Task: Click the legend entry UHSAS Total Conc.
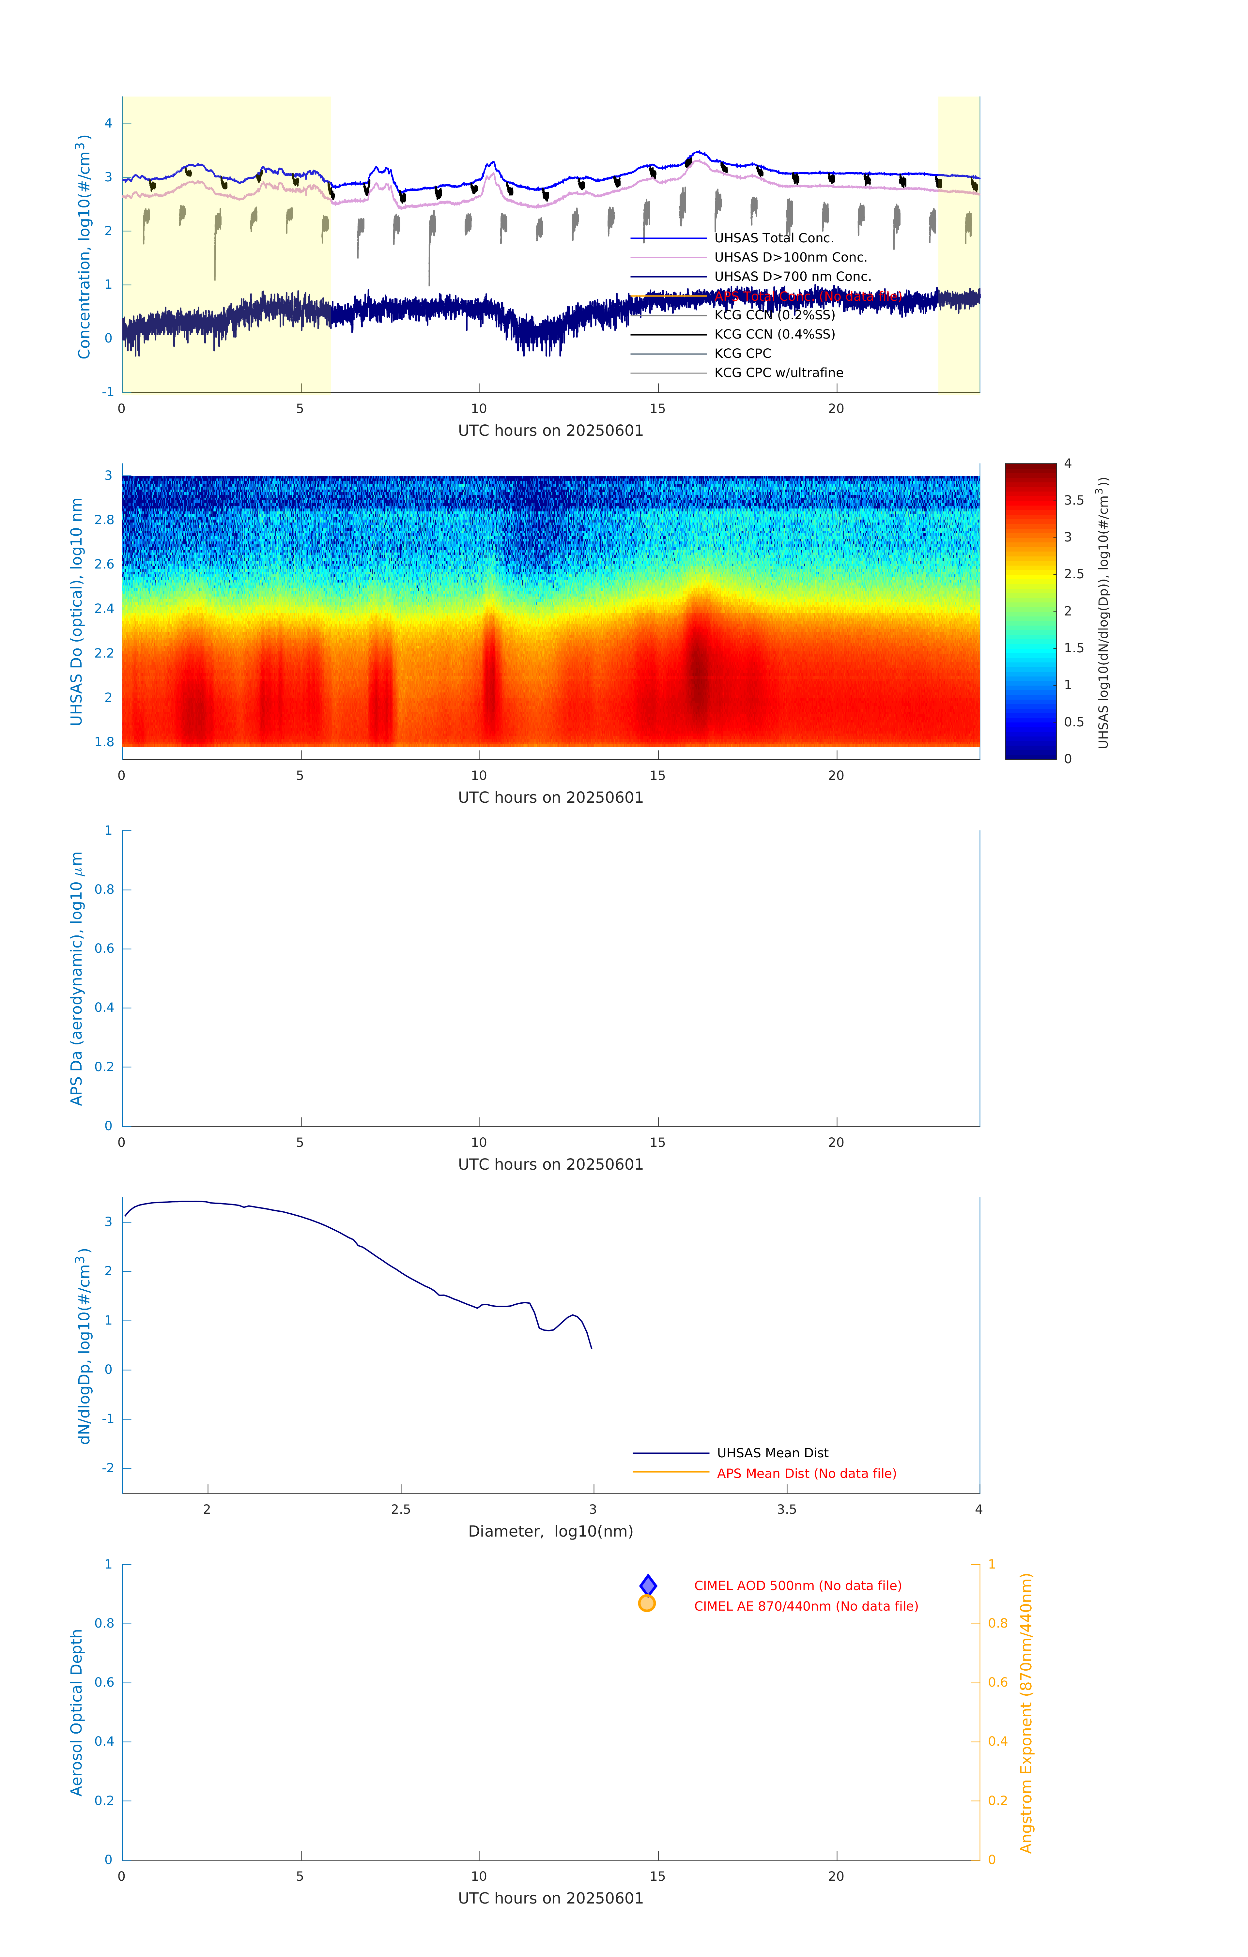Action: [x=773, y=238]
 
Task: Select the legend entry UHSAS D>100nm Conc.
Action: [x=790, y=258]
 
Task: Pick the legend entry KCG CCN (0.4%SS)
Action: [x=774, y=334]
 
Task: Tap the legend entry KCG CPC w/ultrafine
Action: [x=778, y=373]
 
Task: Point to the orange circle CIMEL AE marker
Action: [x=647, y=1603]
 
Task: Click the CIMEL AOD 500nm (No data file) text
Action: [x=798, y=1585]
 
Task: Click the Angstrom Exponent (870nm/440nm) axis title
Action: [x=1026, y=1712]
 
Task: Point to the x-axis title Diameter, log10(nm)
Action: [x=550, y=1531]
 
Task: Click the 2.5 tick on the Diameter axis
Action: [x=401, y=1509]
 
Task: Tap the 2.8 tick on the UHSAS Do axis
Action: [x=104, y=520]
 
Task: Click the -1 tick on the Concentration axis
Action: [x=107, y=392]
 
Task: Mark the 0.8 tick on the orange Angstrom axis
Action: [x=998, y=1623]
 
